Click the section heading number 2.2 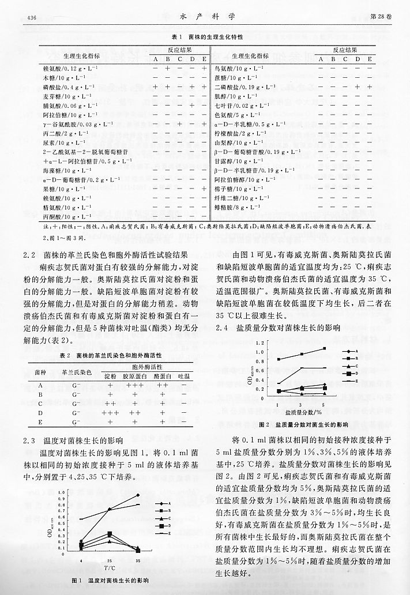tap(30, 254)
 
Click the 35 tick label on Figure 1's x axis tap(137, 561)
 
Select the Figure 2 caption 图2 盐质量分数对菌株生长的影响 tap(304, 424)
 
